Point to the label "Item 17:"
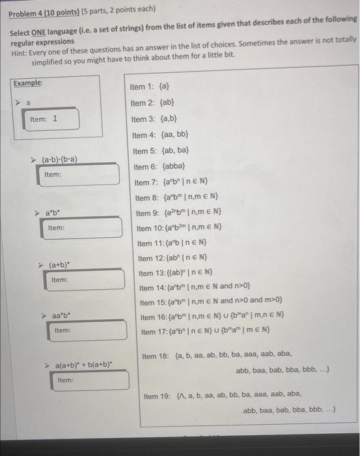click(153, 332)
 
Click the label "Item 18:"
click(156, 356)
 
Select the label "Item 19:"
click(157, 395)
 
